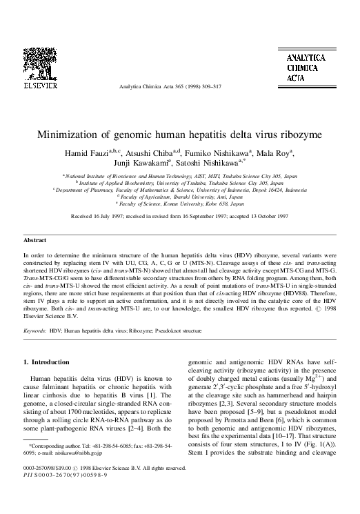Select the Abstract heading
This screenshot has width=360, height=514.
point(35,240)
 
